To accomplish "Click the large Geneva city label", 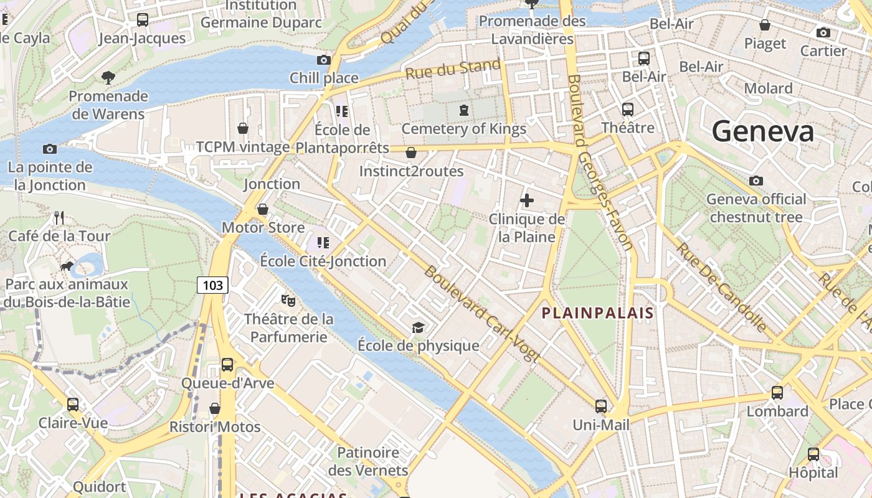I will [x=762, y=131].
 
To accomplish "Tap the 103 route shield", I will [x=213, y=285].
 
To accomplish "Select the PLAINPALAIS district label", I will [x=597, y=312].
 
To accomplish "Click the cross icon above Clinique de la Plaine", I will [x=527, y=200].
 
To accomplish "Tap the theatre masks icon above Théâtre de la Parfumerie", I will [x=288, y=301].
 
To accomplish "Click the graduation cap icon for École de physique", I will [x=419, y=327].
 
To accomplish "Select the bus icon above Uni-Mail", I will [x=601, y=406].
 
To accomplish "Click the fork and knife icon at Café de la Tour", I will [x=59, y=218].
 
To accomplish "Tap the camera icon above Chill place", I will [x=324, y=60].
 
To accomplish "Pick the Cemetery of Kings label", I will [x=463, y=129].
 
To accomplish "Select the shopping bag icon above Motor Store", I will [x=263, y=209].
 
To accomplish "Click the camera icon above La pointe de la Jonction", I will [x=50, y=149].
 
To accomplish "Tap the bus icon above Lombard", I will [x=777, y=393].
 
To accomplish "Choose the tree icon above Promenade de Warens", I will [x=108, y=77].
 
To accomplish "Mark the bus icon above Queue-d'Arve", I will [x=227, y=365].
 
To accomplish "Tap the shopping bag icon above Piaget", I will [x=765, y=26].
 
